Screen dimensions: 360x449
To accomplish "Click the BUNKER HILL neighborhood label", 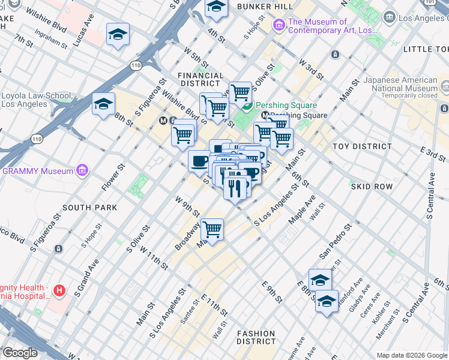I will pyautogui.click(x=265, y=6).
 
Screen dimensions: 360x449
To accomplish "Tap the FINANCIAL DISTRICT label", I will pyautogui.click(x=200, y=80).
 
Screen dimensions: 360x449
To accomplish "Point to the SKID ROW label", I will pyautogui.click(x=372, y=187).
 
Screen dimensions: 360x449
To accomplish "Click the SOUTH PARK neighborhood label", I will pyautogui.click(x=89, y=207).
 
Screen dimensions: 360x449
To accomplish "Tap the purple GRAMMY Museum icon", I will pyautogui.click(x=83, y=171).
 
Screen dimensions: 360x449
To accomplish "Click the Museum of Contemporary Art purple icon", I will pyautogui.click(x=279, y=25).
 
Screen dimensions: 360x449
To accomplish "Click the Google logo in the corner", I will pyautogui.click(x=20, y=353).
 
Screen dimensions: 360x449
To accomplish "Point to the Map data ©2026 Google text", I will pyautogui.click(x=412, y=355).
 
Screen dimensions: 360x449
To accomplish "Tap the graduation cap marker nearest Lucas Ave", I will pyautogui.click(x=118, y=35).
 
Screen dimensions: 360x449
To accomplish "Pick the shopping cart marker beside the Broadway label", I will pyautogui.click(x=212, y=229).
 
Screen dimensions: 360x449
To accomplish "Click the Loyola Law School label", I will pyautogui.click(x=36, y=100).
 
